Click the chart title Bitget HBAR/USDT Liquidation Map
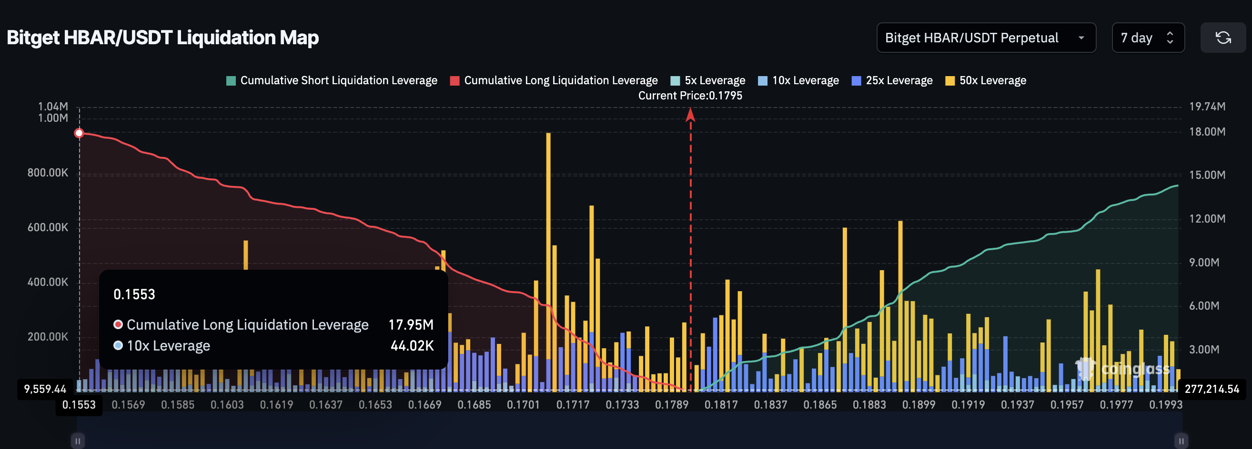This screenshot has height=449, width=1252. [163, 38]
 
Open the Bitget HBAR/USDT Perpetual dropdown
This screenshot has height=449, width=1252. [986, 38]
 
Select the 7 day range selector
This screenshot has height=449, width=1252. [1148, 38]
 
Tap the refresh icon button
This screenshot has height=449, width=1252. [1222, 38]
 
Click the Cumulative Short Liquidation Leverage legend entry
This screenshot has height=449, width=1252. [332, 80]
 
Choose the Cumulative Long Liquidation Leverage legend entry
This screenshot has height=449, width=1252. [554, 80]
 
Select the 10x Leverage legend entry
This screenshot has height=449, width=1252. [798, 80]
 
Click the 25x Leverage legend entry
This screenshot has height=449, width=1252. [892, 80]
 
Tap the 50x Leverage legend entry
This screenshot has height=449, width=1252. [986, 80]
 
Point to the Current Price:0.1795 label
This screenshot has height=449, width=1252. [690, 96]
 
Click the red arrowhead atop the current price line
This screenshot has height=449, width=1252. [690, 115]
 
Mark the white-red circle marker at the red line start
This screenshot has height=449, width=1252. [79, 134]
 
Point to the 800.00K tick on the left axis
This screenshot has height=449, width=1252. [48, 173]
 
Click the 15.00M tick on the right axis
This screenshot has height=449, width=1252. [1207, 175]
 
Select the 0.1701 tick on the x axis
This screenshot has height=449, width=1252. [523, 405]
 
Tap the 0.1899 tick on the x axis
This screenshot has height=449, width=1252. [919, 405]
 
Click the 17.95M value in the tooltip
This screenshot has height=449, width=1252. [411, 325]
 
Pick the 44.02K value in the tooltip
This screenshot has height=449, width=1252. [412, 346]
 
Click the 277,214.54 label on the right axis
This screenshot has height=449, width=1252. [1212, 389]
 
